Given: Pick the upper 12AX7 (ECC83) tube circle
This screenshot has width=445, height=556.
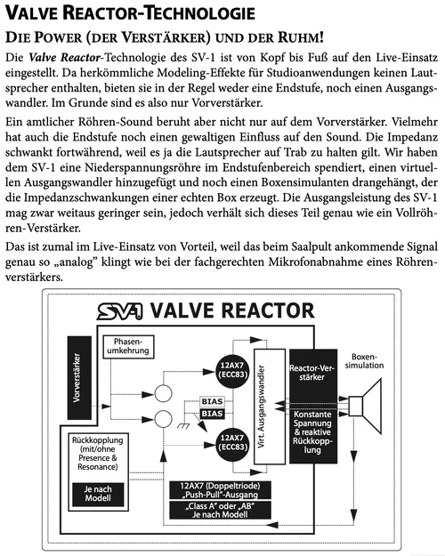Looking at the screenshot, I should coord(231,366).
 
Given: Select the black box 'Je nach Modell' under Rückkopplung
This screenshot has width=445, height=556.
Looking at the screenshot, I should coord(97,495).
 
